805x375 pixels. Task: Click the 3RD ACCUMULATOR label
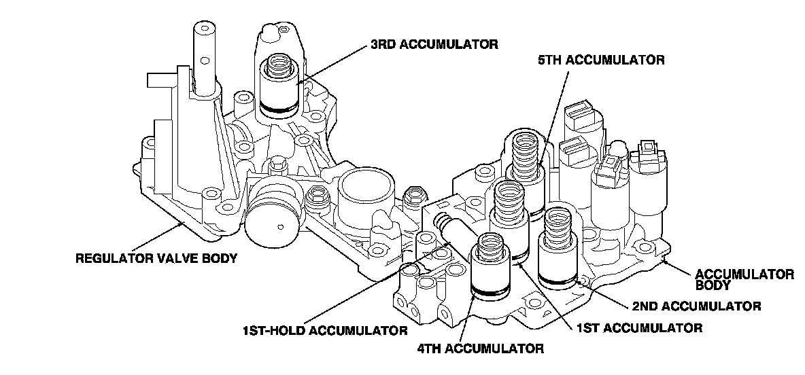coord(434,44)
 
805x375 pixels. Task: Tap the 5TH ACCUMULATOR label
coord(600,60)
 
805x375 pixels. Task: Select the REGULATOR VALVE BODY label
coord(156,257)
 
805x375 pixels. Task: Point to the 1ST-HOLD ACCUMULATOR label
coord(325,330)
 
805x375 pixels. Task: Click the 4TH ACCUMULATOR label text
coord(480,349)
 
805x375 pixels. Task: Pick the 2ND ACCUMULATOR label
coord(697,307)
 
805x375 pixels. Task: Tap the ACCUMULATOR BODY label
coord(744,280)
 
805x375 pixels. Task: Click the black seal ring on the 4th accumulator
coord(491,292)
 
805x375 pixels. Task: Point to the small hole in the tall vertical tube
coord(205,60)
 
